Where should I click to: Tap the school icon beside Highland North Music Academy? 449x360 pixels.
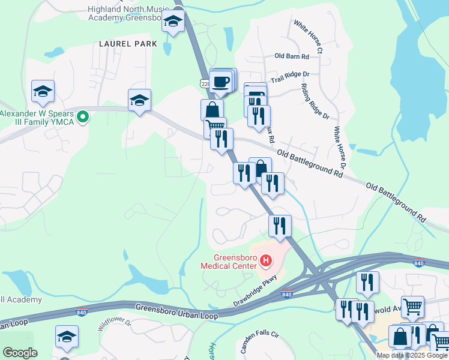(173, 22)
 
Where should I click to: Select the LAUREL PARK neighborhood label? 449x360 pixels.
(128, 44)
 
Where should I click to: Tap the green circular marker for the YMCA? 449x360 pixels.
(84, 117)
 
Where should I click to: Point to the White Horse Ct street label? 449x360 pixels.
(308, 37)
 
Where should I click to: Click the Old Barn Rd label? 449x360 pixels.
(291, 56)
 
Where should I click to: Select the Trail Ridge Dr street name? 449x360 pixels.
(289, 77)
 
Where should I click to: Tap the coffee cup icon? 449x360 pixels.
(221, 81)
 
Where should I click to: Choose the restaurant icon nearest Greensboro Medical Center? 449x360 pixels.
(280, 226)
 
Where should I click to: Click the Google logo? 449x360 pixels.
(20, 353)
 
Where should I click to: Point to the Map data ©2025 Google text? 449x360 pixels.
(411, 355)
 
